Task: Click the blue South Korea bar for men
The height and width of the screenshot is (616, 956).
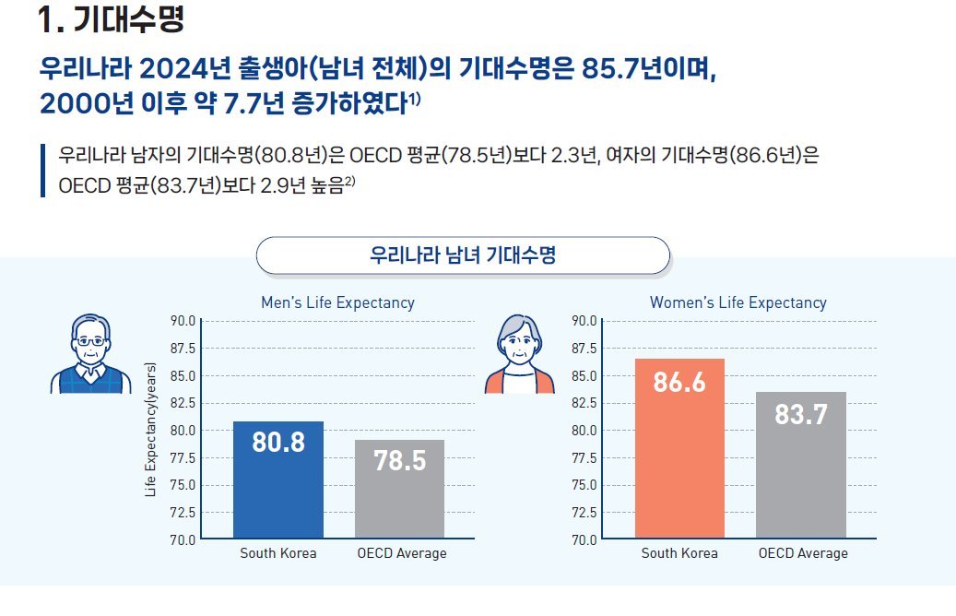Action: (x=277, y=480)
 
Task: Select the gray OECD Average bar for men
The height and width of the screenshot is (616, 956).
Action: (x=399, y=489)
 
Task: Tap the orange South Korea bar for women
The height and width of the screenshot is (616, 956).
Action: (x=679, y=448)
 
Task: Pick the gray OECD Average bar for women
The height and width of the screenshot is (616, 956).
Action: (x=800, y=465)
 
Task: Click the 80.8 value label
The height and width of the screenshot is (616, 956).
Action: (x=277, y=442)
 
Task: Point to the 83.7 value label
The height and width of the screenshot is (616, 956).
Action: (x=800, y=415)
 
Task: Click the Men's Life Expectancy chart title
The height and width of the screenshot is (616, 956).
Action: (x=337, y=302)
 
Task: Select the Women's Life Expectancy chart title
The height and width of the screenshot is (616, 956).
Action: (x=738, y=302)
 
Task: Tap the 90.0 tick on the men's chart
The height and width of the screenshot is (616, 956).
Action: (x=183, y=321)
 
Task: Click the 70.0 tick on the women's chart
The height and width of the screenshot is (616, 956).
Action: (x=584, y=539)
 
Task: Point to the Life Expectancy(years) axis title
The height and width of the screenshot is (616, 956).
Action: (x=151, y=430)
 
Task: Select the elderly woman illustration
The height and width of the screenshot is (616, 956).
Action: (x=519, y=354)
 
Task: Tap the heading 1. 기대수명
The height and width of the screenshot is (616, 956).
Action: (x=112, y=19)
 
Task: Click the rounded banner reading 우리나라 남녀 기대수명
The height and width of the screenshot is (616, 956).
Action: (x=462, y=255)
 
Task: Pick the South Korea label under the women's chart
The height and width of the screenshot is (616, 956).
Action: (x=679, y=553)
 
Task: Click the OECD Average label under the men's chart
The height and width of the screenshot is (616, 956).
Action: (x=401, y=553)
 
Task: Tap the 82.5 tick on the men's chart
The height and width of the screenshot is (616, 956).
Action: (x=183, y=403)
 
